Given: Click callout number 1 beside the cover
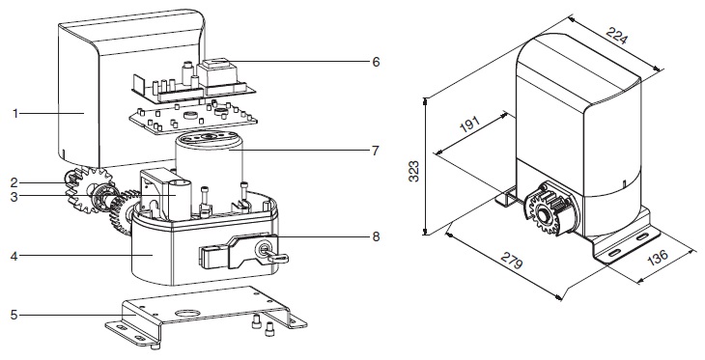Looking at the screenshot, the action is click(15, 114).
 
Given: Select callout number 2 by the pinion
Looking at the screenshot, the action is click(14, 182).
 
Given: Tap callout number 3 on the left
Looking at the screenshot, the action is click(14, 196).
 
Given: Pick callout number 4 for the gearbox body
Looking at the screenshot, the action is click(14, 256).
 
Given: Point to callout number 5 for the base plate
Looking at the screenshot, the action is click(14, 315).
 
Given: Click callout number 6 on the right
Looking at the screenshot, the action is click(376, 62).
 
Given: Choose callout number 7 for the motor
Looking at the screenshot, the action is click(376, 151).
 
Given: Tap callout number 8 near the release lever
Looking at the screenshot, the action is click(376, 236).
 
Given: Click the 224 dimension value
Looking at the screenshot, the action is click(616, 35).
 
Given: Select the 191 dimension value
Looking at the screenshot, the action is click(470, 125).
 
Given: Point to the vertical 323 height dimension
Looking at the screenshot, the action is click(413, 171).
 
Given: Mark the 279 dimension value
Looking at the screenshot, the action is click(512, 260).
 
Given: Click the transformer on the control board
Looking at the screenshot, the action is click(217, 72).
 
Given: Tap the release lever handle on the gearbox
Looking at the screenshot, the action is click(215, 257).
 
